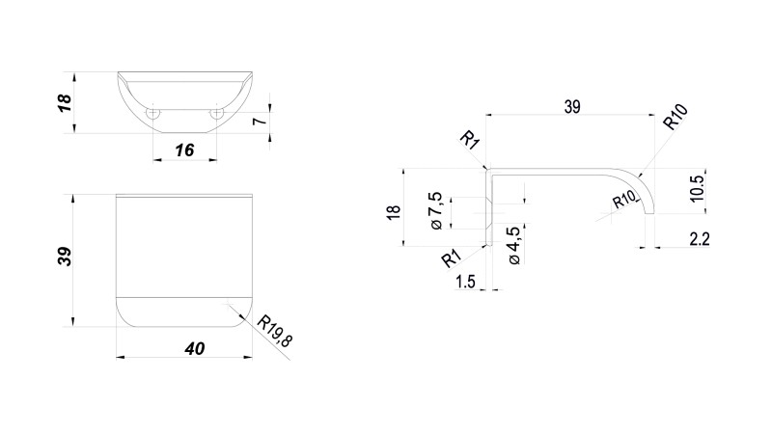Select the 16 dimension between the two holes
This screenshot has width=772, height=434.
pos(185,149)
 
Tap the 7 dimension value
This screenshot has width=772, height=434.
pos(258,122)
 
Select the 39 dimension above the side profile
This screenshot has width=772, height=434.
pos(571,107)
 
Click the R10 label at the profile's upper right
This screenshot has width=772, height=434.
pos(675,120)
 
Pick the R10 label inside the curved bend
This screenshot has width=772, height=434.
pos(625,200)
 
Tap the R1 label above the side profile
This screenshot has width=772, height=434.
pos(470,142)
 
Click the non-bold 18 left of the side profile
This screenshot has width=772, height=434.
pos(393,212)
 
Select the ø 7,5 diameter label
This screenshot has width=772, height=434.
pos(435,211)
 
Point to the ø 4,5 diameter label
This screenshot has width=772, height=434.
pos(513,244)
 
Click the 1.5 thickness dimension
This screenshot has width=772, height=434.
pos(464,282)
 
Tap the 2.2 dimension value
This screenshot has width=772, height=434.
pos(699,239)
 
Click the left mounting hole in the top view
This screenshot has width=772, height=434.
pos(152,114)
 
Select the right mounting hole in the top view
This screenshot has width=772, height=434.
pos(217,114)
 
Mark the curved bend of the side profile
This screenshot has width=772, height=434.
pos(640,184)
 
